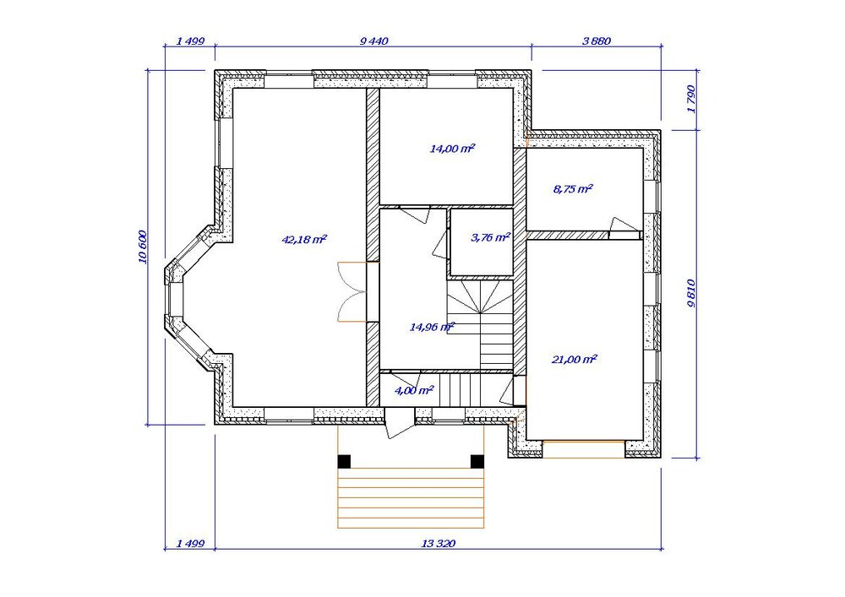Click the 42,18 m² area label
point(304,240)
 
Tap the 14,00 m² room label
point(452,149)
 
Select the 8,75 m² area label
point(574,189)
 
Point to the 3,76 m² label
point(490,237)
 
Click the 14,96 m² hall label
point(432,327)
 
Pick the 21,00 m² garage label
point(575,359)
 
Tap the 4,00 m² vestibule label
point(414,390)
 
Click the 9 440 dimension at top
point(373,41)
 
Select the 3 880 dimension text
point(597,41)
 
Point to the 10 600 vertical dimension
point(142,247)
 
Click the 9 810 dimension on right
point(691,293)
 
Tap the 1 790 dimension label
point(691,99)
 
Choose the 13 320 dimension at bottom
point(438,544)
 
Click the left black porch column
point(344,461)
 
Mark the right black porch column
point(477,461)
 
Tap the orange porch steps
point(412,498)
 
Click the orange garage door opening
point(584,449)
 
